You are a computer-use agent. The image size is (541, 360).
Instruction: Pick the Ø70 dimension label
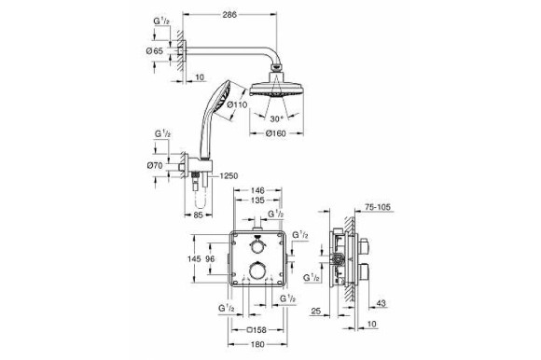[x=155, y=166]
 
